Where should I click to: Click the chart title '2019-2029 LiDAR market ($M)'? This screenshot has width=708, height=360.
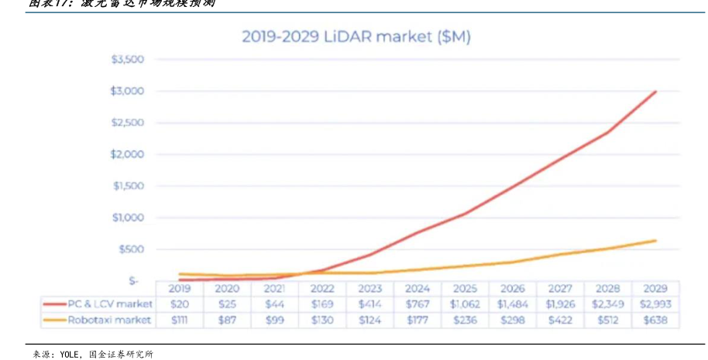pyautogui.click(x=356, y=36)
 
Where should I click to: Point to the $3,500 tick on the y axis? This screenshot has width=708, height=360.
pyautogui.click(x=129, y=60)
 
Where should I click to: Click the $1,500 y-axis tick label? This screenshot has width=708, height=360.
pyautogui.click(x=129, y=186)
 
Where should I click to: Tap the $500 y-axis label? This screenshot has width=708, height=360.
pyautogui.click(x=132, y=249)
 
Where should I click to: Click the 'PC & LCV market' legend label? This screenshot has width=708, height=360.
pyautogui.click(x=108, y=304)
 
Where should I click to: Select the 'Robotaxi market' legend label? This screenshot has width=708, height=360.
pyautogui.click(x=108, y=320)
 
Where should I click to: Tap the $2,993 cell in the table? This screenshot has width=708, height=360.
pyautogui.click(x=655, y=304)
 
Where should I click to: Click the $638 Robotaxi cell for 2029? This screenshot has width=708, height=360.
pyautogui.click(x=655, y=320)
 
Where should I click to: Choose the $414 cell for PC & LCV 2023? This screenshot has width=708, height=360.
pyautogui.click(x=369, y=304)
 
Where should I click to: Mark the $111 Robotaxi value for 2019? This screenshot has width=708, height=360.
pyautogui.click(x=179, y=320)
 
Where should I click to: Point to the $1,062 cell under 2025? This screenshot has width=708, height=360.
pyautogui.click(x=465, y=304)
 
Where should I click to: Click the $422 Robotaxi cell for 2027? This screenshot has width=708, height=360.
pyautogui.click(x=560, y=320)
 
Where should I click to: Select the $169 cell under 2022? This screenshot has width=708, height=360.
pyautogui.click(x=321, y=304)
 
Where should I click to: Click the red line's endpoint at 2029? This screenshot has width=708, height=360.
pyautogui.click(x=656, y=91)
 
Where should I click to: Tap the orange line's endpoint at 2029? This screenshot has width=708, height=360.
pyautogui.click(x=656, y=241)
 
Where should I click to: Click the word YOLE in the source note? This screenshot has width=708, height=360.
pyautogui.click(x=70, y=355)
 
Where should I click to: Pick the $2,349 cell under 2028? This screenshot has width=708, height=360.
pyautogui.click(x=608, y=304)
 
